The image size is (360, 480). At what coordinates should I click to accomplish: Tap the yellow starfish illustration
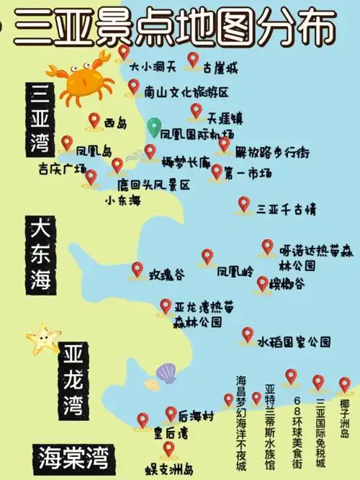pos(43,337)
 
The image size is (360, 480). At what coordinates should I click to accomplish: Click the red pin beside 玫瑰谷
pos(138,270)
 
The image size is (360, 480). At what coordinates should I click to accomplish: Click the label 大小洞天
pos(153,66)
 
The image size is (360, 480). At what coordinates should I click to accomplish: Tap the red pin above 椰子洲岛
pos(345,384)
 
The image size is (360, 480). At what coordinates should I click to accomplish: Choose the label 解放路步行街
pos(274,153)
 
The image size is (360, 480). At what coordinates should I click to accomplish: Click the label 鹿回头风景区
pos(154,185)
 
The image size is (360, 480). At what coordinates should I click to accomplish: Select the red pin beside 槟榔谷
pos(263,283)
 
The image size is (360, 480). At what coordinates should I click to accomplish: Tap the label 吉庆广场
pos(63,169)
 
